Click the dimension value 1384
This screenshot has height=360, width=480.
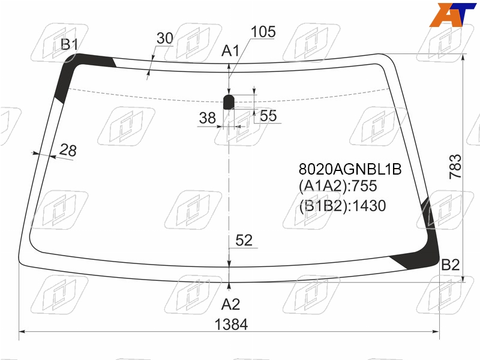pos(231,325)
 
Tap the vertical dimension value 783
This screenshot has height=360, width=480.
pos(455,167)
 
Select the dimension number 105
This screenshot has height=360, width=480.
pos(263,32)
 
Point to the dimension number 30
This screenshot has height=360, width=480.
pos(164,38)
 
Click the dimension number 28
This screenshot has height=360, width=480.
pos(68,150)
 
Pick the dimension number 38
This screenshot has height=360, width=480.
pos(207,118)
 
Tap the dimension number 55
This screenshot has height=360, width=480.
pos(268,116)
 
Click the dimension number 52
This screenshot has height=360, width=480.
pos(244,241)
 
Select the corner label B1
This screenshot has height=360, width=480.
pos(70,44)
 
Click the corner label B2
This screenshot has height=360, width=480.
pos(451,265)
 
